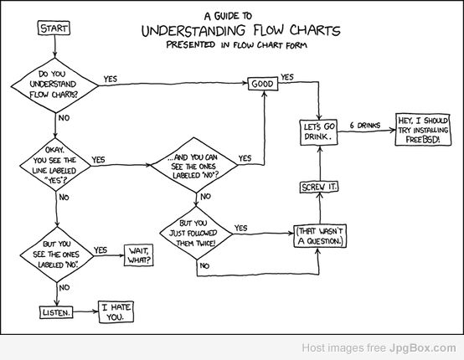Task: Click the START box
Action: pyautogui.click(x=54, y=28)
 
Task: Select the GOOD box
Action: pyautogui.click(x=263, y=84)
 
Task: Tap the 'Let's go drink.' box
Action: pyautogui.click(x=319, y=132)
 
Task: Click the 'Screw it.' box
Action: pyautogui.click(x=319, y=187)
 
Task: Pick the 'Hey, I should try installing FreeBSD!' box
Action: pyautogui.click(x=423, y=130)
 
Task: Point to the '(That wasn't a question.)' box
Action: pyautogui.click(x=320, y=236)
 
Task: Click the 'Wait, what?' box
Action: pyautogui.click(x=138, y=255)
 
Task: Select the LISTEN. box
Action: pyautogui.click(x=56, y=312)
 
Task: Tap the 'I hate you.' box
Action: pyautogui.click(x=116, y=311)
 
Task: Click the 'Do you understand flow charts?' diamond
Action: pyautogui.click(x=54, y=85)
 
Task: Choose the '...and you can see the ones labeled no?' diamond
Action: pyautogui.click(x=194, y=165)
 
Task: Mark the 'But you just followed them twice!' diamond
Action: pyautogui.click(x=196, y=234)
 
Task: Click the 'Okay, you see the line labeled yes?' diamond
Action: pyautogui.click(x=55, y=165)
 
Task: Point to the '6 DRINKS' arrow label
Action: pyautogui.click(x=365, y=125)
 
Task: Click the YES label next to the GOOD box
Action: pyautogui.click(x=287, y=77)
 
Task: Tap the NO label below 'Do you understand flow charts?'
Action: pyautogui.click(x=64, y=118)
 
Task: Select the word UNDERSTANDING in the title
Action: pyautogui.click(x=193, y=30)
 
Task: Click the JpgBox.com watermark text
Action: pyautogui.click(x=423, y=348)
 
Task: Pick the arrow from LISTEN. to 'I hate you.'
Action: pyautogui.click(x=85, y=311)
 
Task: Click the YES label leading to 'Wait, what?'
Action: pyautogui.click(x=101, y=250)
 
